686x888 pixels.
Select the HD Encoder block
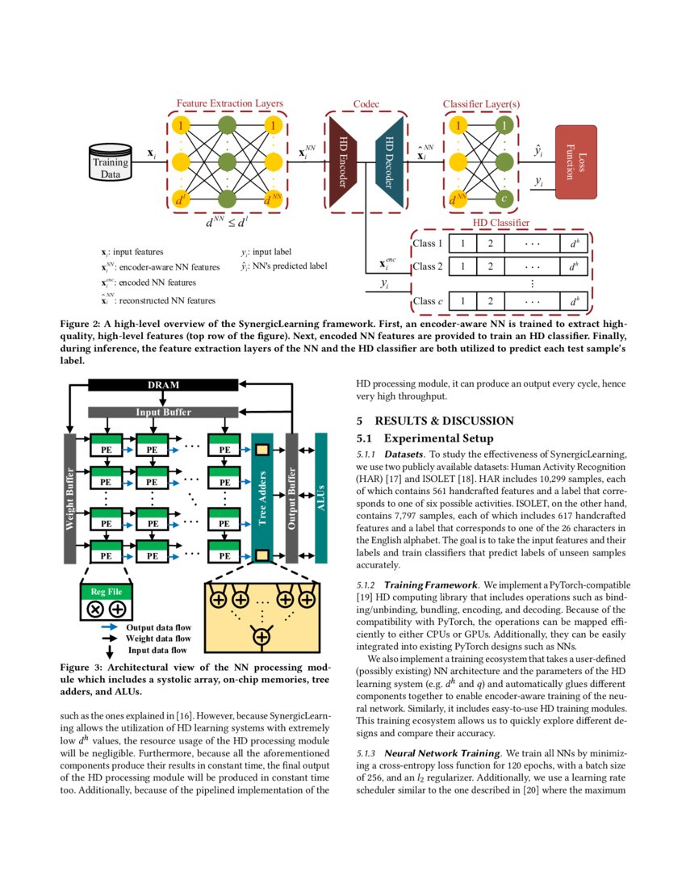click(x=343, y=161)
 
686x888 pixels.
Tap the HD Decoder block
click(x=389, y=161)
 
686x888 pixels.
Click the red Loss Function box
click(x=575, y=161)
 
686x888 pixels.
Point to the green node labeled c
click(x=504, y=198)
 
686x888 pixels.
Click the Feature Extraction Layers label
click(x=229, y=103)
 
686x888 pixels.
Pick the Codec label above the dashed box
click(x=366, y=104)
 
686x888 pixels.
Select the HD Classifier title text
click(x=500, y=222)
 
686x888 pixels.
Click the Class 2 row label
click(x=428, y=266)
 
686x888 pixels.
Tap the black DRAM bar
click(x=162, y=385)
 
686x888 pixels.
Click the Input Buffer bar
click(x=162, y=412)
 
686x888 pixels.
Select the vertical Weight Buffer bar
click(x=69, y=498)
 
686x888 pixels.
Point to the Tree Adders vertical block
click(x=261, y=498)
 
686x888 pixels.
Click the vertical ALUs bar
click(x=320, y=498)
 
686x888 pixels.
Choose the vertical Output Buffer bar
click(x=292, y=498)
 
